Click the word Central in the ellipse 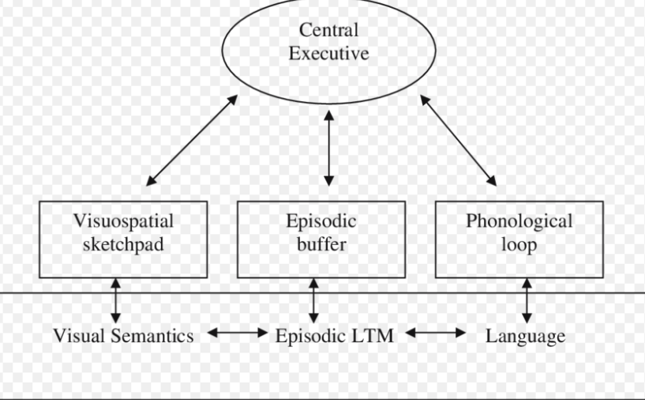328,30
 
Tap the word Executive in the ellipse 328,54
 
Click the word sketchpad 123,244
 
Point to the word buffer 321,244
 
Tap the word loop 519,245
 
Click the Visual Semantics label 123,336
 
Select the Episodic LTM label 335,336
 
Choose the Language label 525,337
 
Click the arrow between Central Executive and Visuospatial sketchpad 192,140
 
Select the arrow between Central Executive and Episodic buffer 328,149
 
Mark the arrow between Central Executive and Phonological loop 458,140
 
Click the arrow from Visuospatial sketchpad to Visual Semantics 115,300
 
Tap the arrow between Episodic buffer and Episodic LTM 313,300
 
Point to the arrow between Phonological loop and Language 527,300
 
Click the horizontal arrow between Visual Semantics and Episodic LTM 238,333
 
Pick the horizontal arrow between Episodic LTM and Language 436,333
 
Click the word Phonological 519,221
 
